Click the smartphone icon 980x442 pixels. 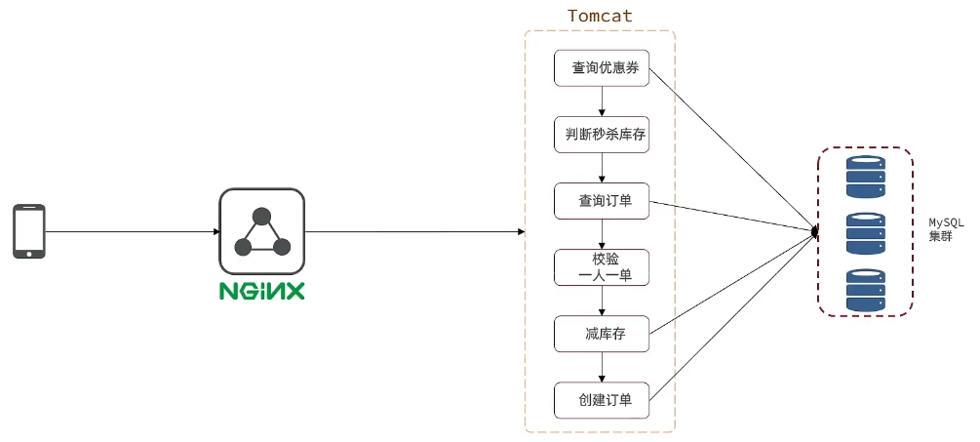click(29, 231)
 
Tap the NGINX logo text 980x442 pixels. click(261, 291)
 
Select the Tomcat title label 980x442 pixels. click(600, 17)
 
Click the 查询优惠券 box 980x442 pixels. click(601, 68)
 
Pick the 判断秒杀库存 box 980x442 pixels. click(601, 135)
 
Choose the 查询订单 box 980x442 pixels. click(601, 201)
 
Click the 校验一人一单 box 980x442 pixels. click(601, 267)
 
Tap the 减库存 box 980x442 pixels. click(601, 334)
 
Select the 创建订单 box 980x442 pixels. click(601, 399)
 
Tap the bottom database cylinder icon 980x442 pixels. click(865, 290)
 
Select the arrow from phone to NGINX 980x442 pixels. click(132, 231)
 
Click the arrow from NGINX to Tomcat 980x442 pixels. click(414, 231)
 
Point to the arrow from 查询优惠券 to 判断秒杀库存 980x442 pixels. click(602, 101)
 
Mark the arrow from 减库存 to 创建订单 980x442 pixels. click(602, 367)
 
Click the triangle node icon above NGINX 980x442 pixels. click(261, 231)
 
